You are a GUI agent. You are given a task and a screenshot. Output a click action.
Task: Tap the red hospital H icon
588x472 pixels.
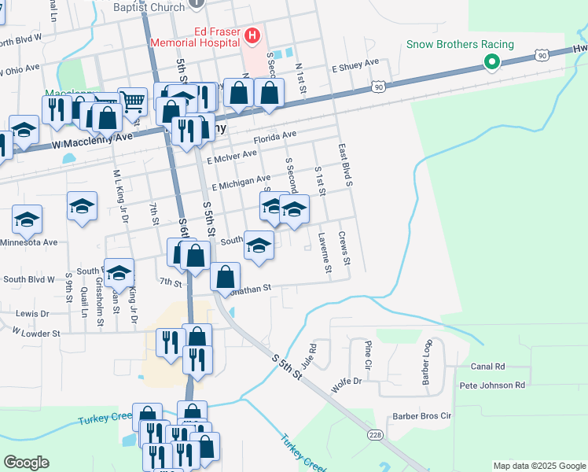click(x=252, y=35)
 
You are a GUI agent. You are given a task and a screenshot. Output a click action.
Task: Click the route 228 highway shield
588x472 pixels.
click(x=375, y=434)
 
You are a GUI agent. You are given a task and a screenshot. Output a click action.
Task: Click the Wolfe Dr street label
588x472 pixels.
click(x=346, y=382)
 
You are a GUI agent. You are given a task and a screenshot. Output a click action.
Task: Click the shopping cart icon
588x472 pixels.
click(x=132, y=101)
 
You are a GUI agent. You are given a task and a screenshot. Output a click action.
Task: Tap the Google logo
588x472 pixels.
click(x=26, y=463)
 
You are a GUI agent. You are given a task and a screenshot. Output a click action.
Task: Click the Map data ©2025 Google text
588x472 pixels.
click(x=538, y=466)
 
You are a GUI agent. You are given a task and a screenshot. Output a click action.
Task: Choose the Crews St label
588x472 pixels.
click(x=344, y=248)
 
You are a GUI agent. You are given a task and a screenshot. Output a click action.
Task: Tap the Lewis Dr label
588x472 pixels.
click(x=32, y=313)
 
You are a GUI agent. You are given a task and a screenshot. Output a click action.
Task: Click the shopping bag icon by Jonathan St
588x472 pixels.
click(x=226, y=277)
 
